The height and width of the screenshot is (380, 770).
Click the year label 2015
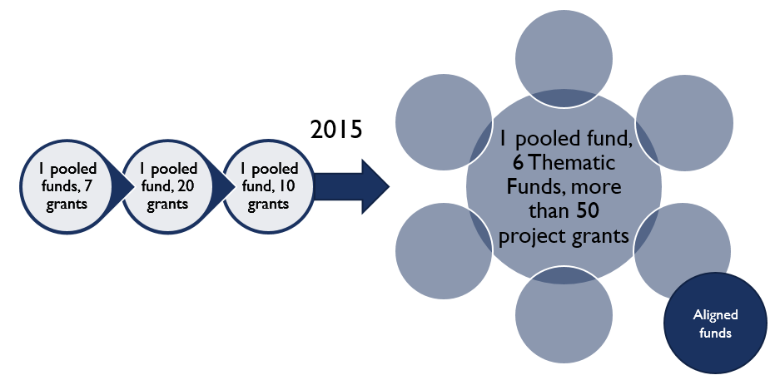click(336, 129)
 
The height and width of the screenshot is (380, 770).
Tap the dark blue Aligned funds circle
click(715, 323)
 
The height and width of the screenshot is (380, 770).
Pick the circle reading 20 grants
click(168, 187)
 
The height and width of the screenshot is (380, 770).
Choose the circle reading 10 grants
click(269, 187)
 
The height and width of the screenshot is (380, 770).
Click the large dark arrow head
click(375, 187)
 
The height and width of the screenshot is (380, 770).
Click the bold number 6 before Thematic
click(518, 162)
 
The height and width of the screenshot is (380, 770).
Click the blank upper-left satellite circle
click(444, 122)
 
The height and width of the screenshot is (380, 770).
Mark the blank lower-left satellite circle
click(444, 250)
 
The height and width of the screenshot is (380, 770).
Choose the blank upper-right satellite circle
click(684, 122)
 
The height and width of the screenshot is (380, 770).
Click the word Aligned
click(715, 315)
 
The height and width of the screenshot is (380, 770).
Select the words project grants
click(564, 236)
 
